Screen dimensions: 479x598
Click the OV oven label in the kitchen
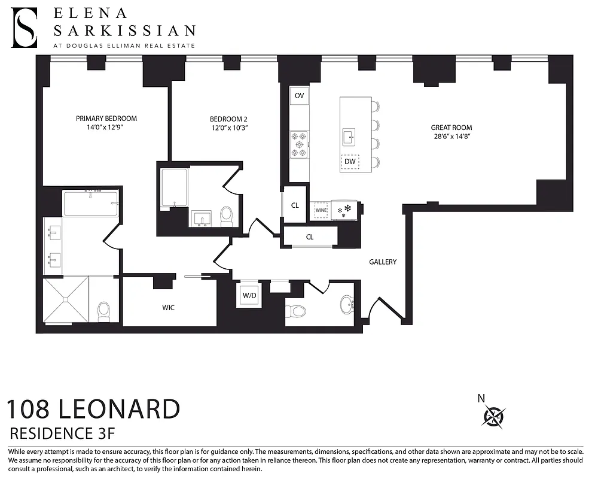[299, 96]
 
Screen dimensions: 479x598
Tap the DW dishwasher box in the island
[350, 162]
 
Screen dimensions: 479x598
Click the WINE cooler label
[321, 210]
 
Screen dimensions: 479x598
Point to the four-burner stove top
[299, 144]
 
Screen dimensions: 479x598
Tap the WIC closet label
[169, 308]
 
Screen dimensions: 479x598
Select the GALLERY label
[383, 262]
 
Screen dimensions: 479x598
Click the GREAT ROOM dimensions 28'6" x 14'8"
[451, 137]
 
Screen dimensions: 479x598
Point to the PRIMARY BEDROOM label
[106, 119]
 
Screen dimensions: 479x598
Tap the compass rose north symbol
[493, 415]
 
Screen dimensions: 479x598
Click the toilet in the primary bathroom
[104, 310]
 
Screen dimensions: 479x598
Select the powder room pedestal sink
[347, 304]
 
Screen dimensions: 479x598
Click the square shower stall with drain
[65, 301]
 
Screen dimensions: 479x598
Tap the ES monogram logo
[25, 28]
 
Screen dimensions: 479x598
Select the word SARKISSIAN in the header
[124, 31]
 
